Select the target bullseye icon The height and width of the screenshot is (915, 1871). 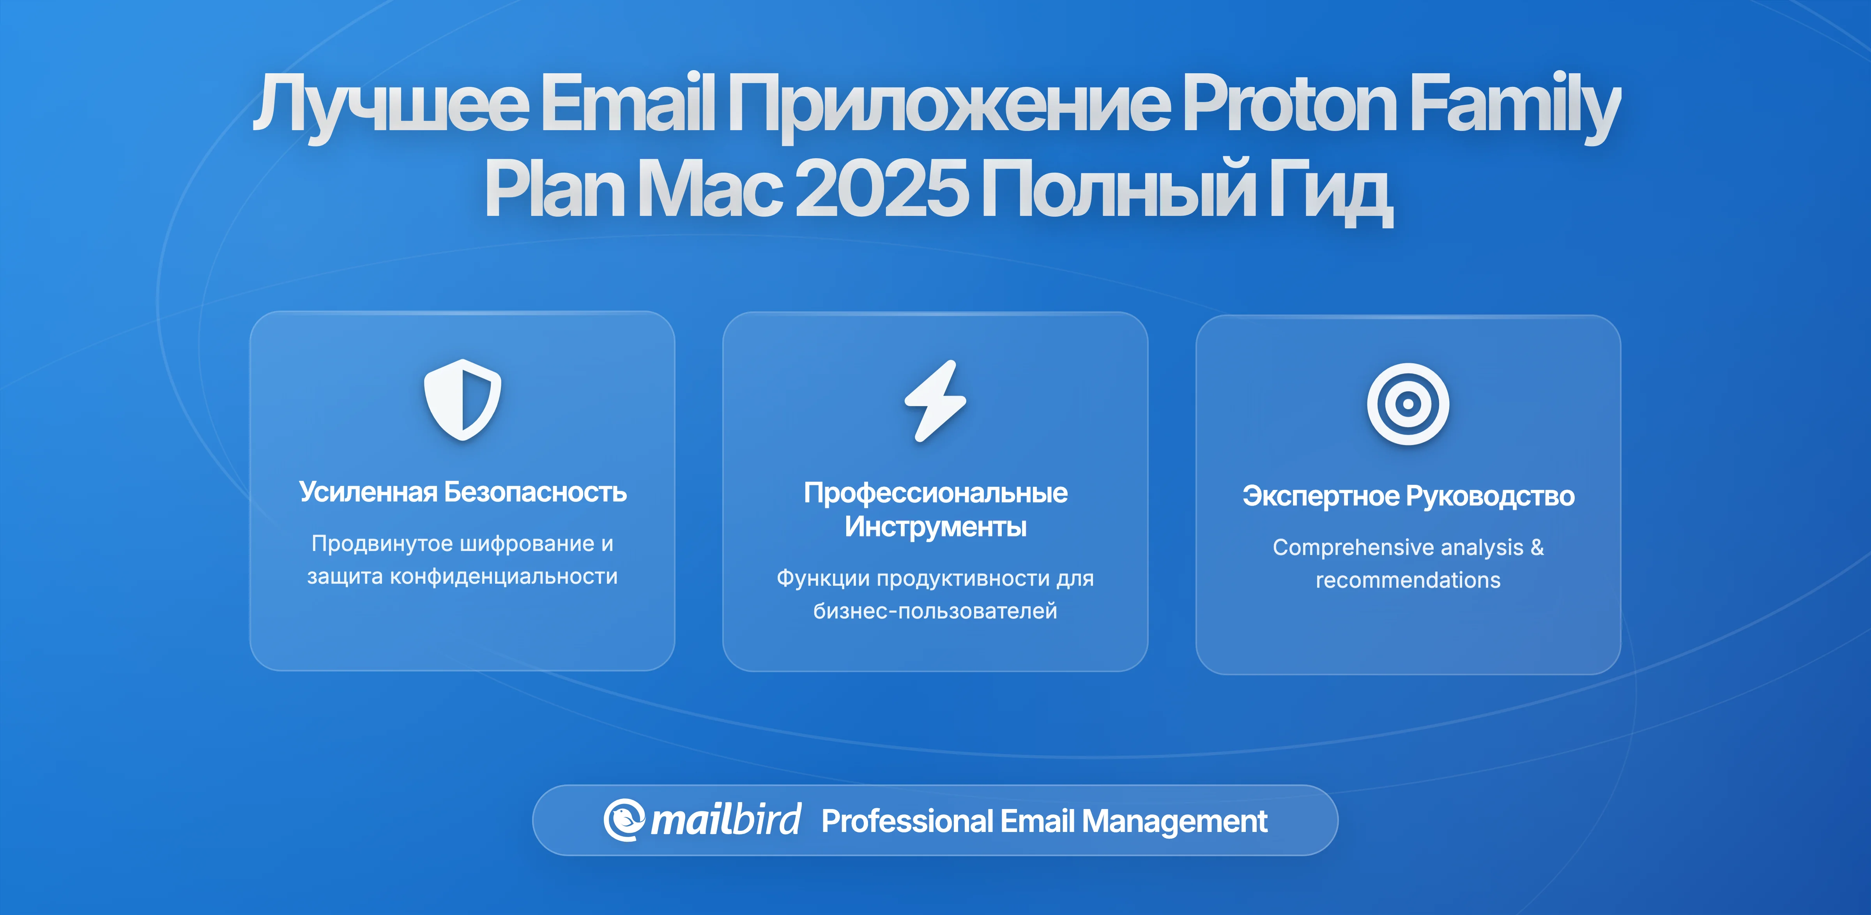(x=1408, y=404)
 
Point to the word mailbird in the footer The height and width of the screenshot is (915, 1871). (x=725, y=821)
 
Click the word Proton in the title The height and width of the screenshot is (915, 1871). (x=1290, y=105)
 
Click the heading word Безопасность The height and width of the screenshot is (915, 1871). (x=535, y=492)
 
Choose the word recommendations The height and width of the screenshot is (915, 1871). (x=1408, y=580)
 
